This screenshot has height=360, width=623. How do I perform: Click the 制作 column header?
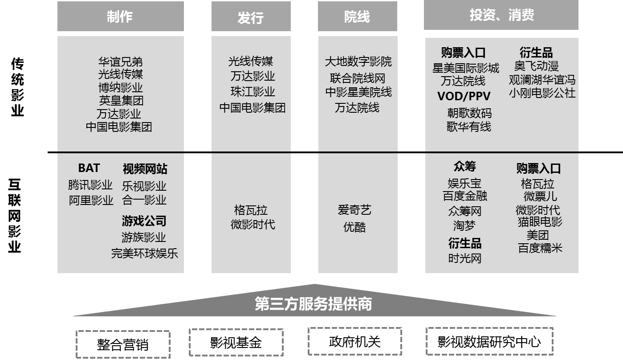(120, 16)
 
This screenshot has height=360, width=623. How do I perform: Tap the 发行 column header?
(251, 18)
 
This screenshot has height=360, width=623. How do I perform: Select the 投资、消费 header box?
(501, 15)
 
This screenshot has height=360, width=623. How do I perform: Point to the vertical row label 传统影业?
(17, 87)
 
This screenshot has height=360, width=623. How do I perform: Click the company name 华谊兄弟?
(120, 61)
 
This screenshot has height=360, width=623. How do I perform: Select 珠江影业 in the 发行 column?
(252, 92)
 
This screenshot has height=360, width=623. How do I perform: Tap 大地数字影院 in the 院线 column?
(358, 61)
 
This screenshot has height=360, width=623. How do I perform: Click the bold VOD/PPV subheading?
(464, 96)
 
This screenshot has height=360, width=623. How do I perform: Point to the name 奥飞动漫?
(536, 66)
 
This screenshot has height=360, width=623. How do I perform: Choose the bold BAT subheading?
(89, 168)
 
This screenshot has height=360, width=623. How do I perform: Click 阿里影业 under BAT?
(91, 200)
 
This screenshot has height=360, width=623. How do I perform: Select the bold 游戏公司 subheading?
(144, 221)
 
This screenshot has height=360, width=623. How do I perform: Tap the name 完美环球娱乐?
(144, 254)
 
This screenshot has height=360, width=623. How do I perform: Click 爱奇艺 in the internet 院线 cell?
(354, 210)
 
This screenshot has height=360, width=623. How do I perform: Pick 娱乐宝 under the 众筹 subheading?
(464, 183)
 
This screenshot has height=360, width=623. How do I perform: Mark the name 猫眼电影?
(540, 221)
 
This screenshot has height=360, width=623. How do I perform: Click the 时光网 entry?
(464, 258)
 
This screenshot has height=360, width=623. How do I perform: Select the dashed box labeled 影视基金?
(236, 343)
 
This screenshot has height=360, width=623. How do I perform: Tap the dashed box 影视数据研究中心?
(489, 342)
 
